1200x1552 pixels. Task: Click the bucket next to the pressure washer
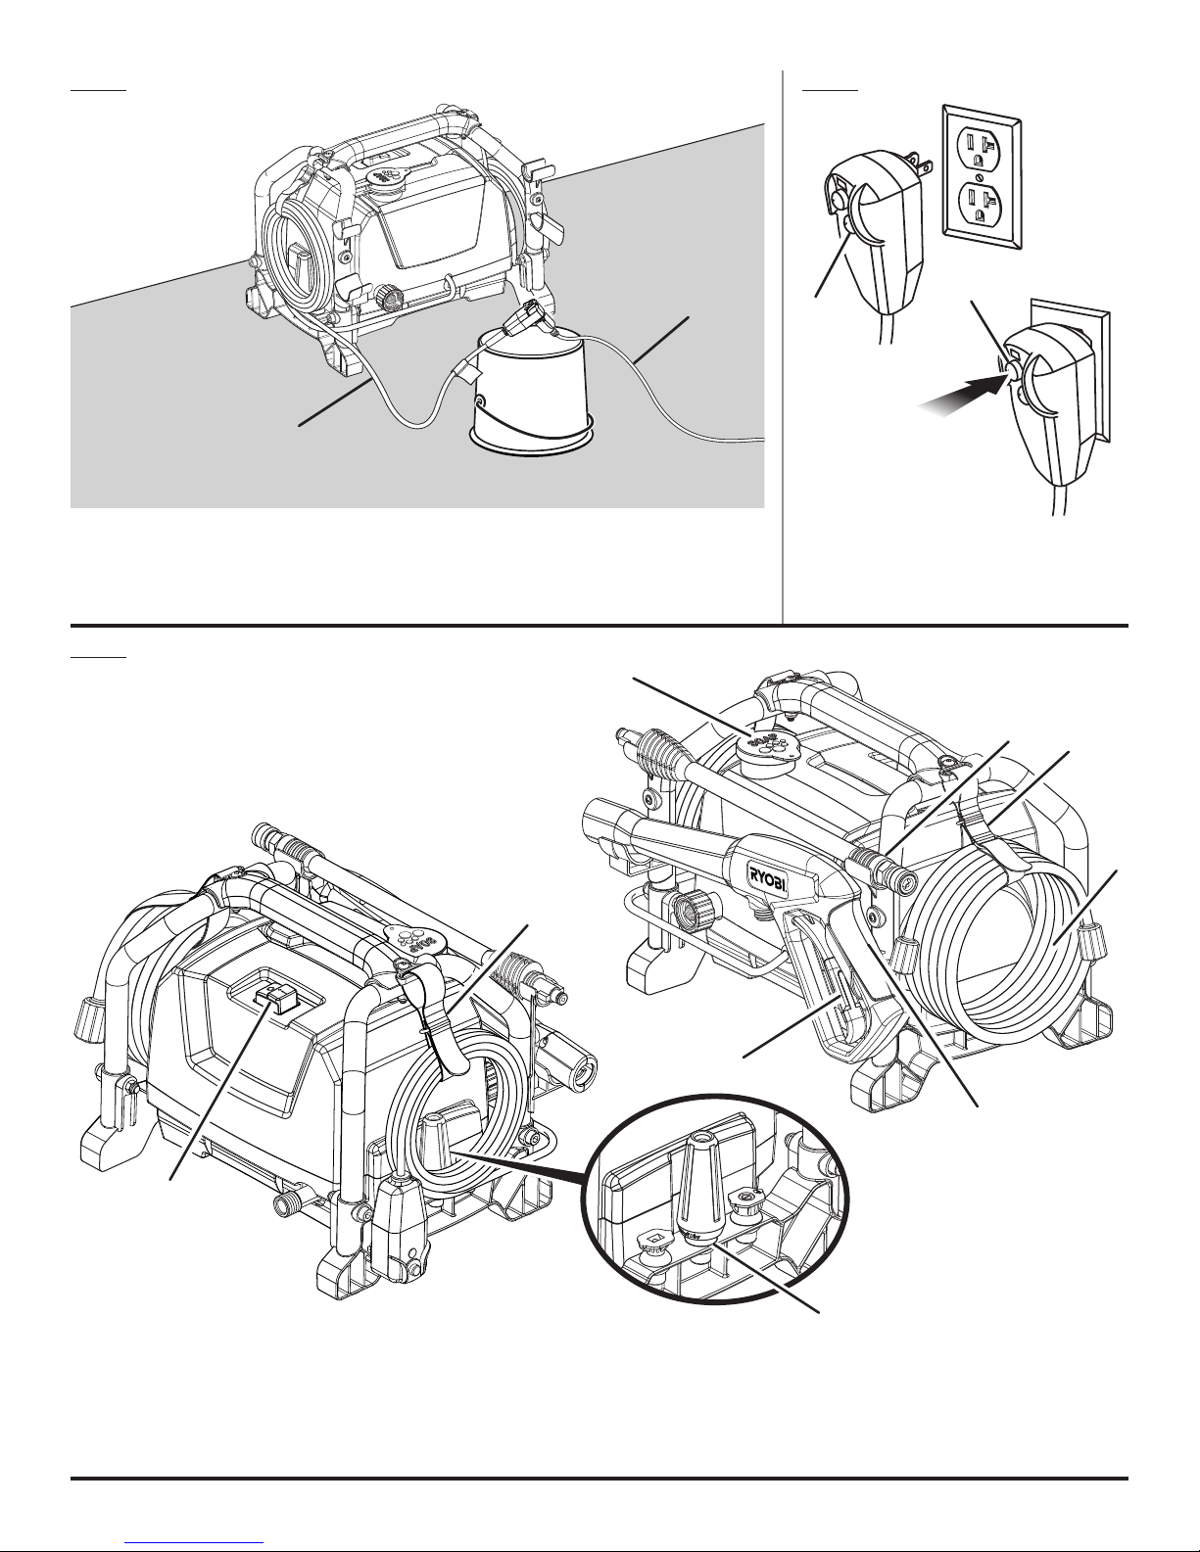[532, 393]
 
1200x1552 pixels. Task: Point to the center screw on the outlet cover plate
[983, 175]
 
